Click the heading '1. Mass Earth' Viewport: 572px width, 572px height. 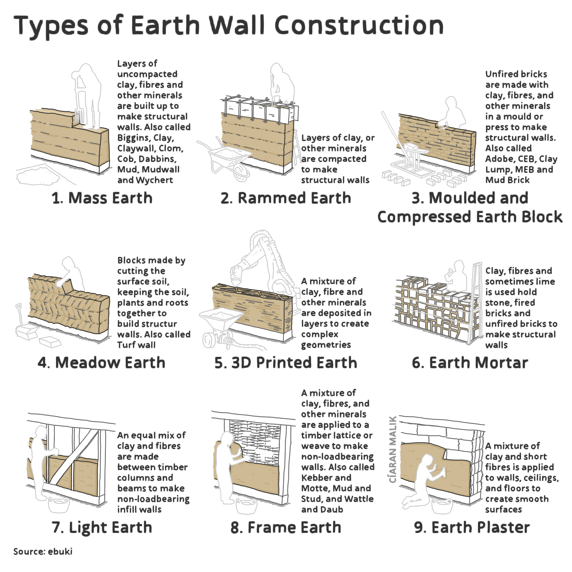[102, 198]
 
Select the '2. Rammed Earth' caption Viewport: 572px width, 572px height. [286, 198]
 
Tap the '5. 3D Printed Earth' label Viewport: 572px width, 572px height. [286, 363]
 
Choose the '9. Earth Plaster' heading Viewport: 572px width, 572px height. [472, 527]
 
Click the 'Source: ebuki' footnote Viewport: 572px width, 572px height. [43, 552]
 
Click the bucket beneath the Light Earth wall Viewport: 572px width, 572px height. [59, 505]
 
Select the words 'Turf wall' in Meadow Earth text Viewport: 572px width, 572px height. [136, 345]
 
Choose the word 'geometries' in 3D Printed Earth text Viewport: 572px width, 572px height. [326, 345]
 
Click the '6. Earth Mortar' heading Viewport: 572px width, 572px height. [470, 363]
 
